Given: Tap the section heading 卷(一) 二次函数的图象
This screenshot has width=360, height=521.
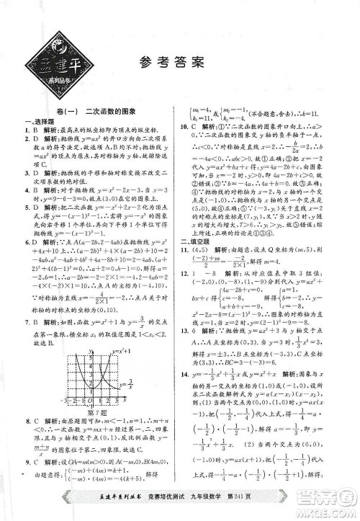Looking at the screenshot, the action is (94, 110).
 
